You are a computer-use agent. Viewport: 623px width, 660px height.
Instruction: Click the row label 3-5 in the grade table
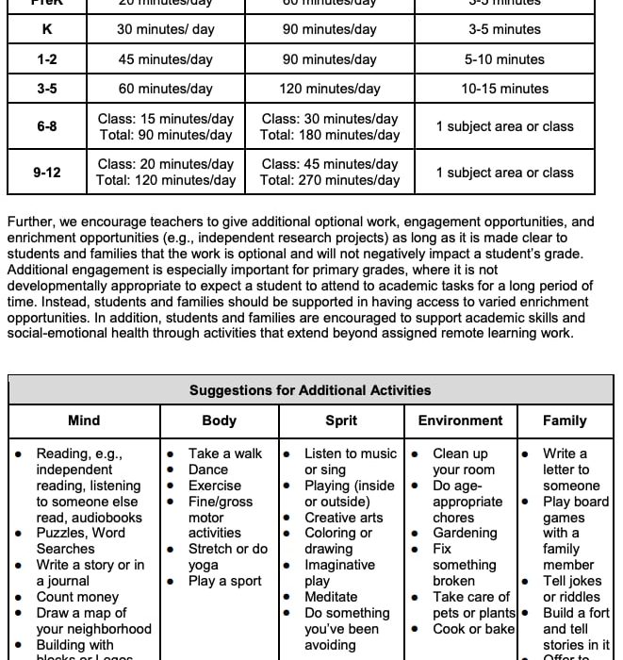pos(47,89)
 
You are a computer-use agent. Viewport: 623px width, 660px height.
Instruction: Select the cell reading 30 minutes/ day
pos(166,29)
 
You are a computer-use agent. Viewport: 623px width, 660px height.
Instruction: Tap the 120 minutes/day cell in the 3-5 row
pos(330,89)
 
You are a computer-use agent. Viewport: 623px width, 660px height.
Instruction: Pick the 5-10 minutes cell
pos(504,59)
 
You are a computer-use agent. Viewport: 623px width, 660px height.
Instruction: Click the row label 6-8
pos(47,126)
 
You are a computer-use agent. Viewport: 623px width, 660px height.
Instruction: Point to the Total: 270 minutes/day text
pos(330,180)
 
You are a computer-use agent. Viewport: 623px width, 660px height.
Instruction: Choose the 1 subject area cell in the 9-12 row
pos(504,173)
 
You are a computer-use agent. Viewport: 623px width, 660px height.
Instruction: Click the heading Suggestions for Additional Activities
pos(310,390)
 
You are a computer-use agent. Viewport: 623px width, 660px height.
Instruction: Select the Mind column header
pos(84,421)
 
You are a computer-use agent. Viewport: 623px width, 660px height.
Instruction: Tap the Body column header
pos(220,421)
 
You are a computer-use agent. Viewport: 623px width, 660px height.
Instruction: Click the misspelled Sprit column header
pos(341,421)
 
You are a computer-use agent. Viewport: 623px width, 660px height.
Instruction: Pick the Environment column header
pos(461,421)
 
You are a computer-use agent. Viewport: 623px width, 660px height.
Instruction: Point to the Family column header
pos(565,421)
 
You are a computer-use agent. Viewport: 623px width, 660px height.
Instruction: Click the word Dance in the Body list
pos(208,470)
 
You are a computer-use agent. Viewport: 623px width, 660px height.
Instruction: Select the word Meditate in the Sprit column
pos(331,597)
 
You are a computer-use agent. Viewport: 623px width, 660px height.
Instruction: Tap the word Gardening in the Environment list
pos(465,533)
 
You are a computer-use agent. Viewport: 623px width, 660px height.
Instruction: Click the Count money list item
pos(78,597)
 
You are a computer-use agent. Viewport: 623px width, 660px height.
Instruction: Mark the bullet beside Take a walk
pos(171,454)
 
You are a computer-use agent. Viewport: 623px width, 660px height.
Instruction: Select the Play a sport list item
pos(224,581)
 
